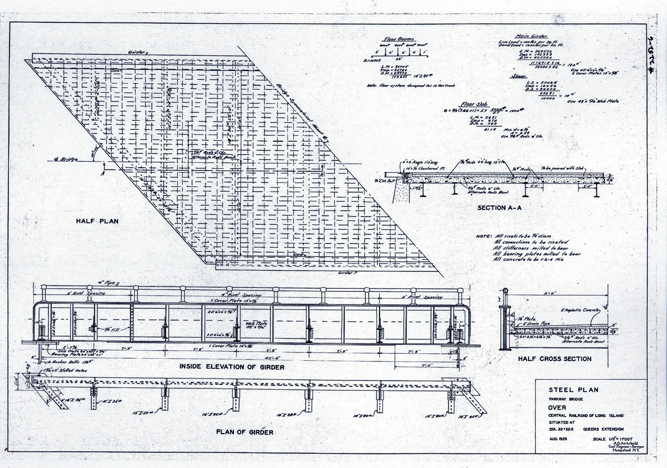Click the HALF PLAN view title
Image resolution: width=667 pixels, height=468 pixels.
point(97,221)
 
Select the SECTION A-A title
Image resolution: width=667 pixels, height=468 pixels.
point(497,208)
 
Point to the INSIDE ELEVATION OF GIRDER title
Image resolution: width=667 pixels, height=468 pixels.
point(232,367)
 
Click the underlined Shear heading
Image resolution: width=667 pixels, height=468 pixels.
point(519,76)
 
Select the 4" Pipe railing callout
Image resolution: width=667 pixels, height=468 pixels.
point(106,283)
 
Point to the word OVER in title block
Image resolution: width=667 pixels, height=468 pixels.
point(557,407)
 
